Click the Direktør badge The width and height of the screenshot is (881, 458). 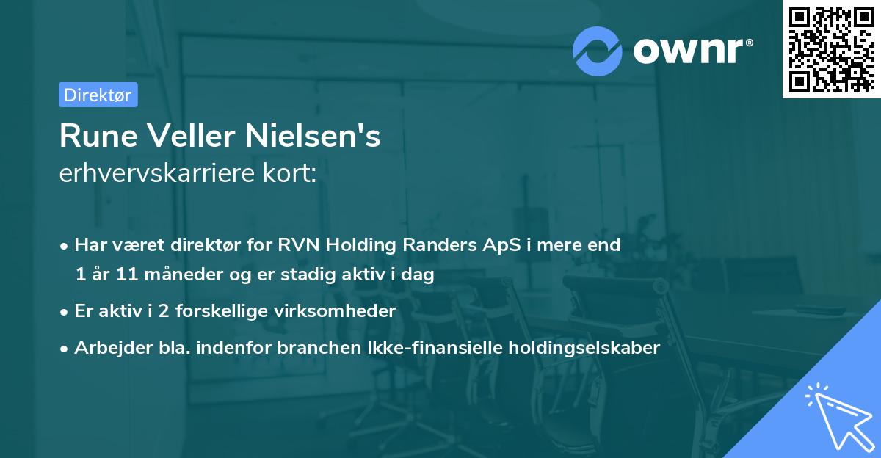[98, 95]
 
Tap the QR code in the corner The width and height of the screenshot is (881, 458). [831, 49]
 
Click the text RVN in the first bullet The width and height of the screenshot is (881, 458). [297, 244]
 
